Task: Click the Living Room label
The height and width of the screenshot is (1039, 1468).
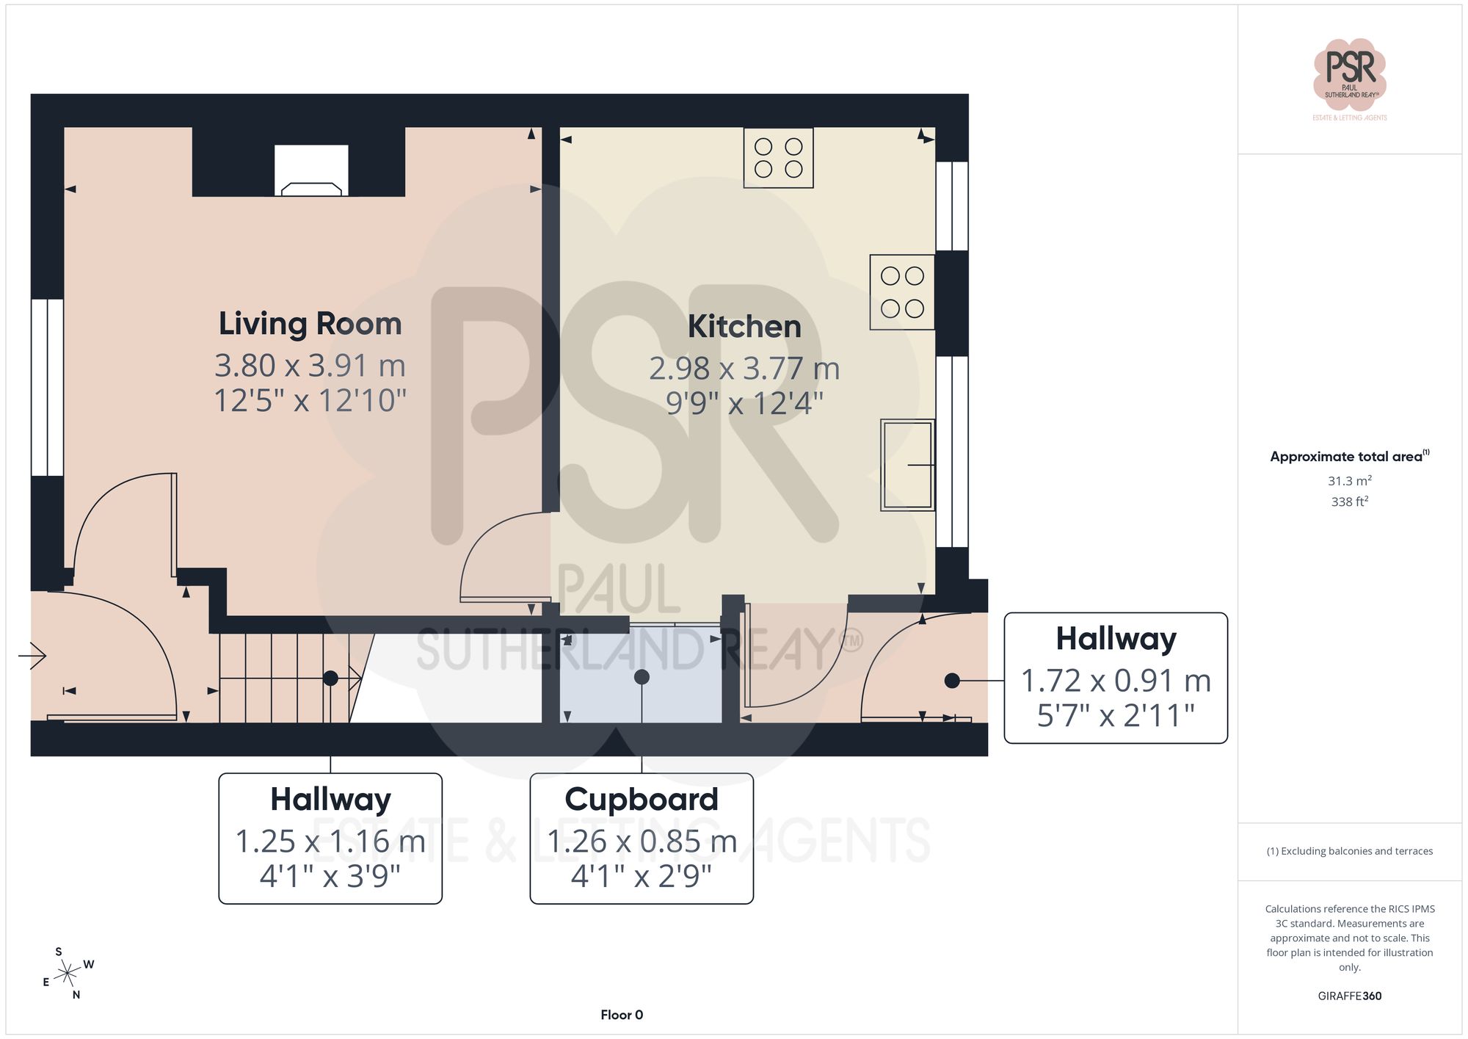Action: click(x=310, y=324)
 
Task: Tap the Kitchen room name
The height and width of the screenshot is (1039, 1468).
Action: click(x=744, y=327)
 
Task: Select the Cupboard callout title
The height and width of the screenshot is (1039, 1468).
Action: click(x=642, y=800)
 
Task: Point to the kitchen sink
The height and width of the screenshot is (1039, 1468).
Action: click(x=907, y=465)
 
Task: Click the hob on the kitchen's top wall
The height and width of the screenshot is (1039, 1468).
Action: click(x=778, y=158)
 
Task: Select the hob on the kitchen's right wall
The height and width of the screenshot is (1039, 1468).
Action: click(x=902, y=292)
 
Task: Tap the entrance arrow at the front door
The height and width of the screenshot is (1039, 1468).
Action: click(x=33, y=655)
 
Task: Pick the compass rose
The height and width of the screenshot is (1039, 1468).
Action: click(x=68, y=974)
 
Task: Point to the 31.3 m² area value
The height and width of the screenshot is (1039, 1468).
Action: click(x=1349, y=481)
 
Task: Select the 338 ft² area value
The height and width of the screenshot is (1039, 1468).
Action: click(x=1349, y=502)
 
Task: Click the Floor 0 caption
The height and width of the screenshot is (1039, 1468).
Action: click(x=622, y=1015)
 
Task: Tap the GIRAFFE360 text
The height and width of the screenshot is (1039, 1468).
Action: click(x=1349, y=996)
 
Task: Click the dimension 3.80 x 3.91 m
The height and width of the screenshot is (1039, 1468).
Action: click(x=310, y=366)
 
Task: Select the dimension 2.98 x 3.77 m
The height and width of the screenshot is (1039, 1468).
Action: click(x=744, y=369)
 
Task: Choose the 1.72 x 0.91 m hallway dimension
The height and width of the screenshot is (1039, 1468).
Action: click(x=1116, y=681)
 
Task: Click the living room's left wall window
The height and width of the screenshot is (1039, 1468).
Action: click(x=47, y=387)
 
